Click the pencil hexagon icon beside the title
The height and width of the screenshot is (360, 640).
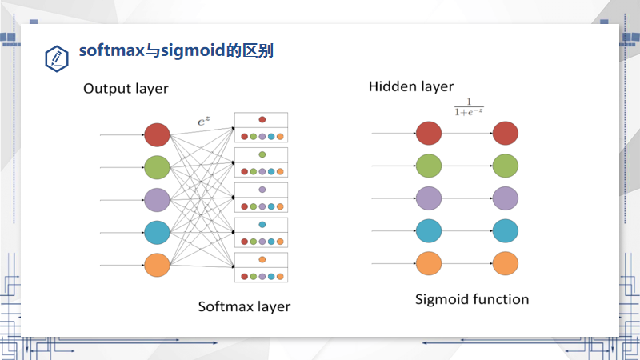[57, 57]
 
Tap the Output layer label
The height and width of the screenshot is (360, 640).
[126, 89]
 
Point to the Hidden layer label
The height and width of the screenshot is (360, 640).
[410, 86]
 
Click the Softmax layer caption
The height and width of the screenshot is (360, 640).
[244, 306]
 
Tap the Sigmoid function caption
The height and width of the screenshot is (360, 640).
[472, 299]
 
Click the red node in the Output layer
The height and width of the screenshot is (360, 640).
[157, 135]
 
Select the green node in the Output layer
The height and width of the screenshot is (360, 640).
[157, 167]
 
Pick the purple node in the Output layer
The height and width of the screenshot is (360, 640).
[157, 200]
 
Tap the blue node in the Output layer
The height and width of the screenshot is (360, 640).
[157, 233]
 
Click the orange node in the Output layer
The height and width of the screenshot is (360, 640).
[157, 265]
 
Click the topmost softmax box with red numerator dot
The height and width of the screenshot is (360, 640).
[261, 128]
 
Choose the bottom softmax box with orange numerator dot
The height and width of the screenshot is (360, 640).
[261, 268]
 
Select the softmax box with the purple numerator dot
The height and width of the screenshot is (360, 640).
[261, 198]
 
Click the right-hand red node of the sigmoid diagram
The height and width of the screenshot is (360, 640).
[505, 134]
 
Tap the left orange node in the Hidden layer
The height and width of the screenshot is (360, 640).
[429, 262]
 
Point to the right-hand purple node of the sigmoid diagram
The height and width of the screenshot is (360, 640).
[505, 198]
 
